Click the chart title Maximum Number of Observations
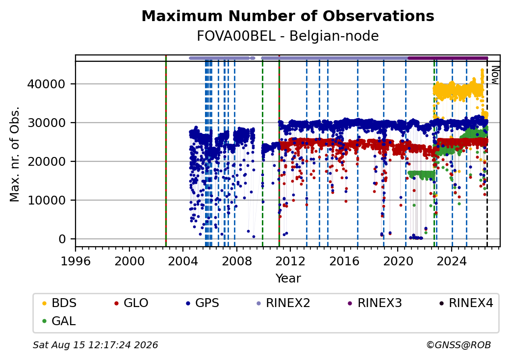(288, 16)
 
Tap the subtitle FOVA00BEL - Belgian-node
(288, 36)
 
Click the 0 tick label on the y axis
(62, 239)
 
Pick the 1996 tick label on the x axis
(76, 261)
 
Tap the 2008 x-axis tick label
(236, 261)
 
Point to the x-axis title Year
(288, 279)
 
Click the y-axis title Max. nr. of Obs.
(15, 154)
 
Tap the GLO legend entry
(131, 303)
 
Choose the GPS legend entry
(203, 303)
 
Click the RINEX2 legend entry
(283, 303)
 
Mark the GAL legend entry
(59, 321)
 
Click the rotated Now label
(495, 75)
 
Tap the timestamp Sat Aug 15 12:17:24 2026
(95, 345)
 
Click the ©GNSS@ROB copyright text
(459, 345)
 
